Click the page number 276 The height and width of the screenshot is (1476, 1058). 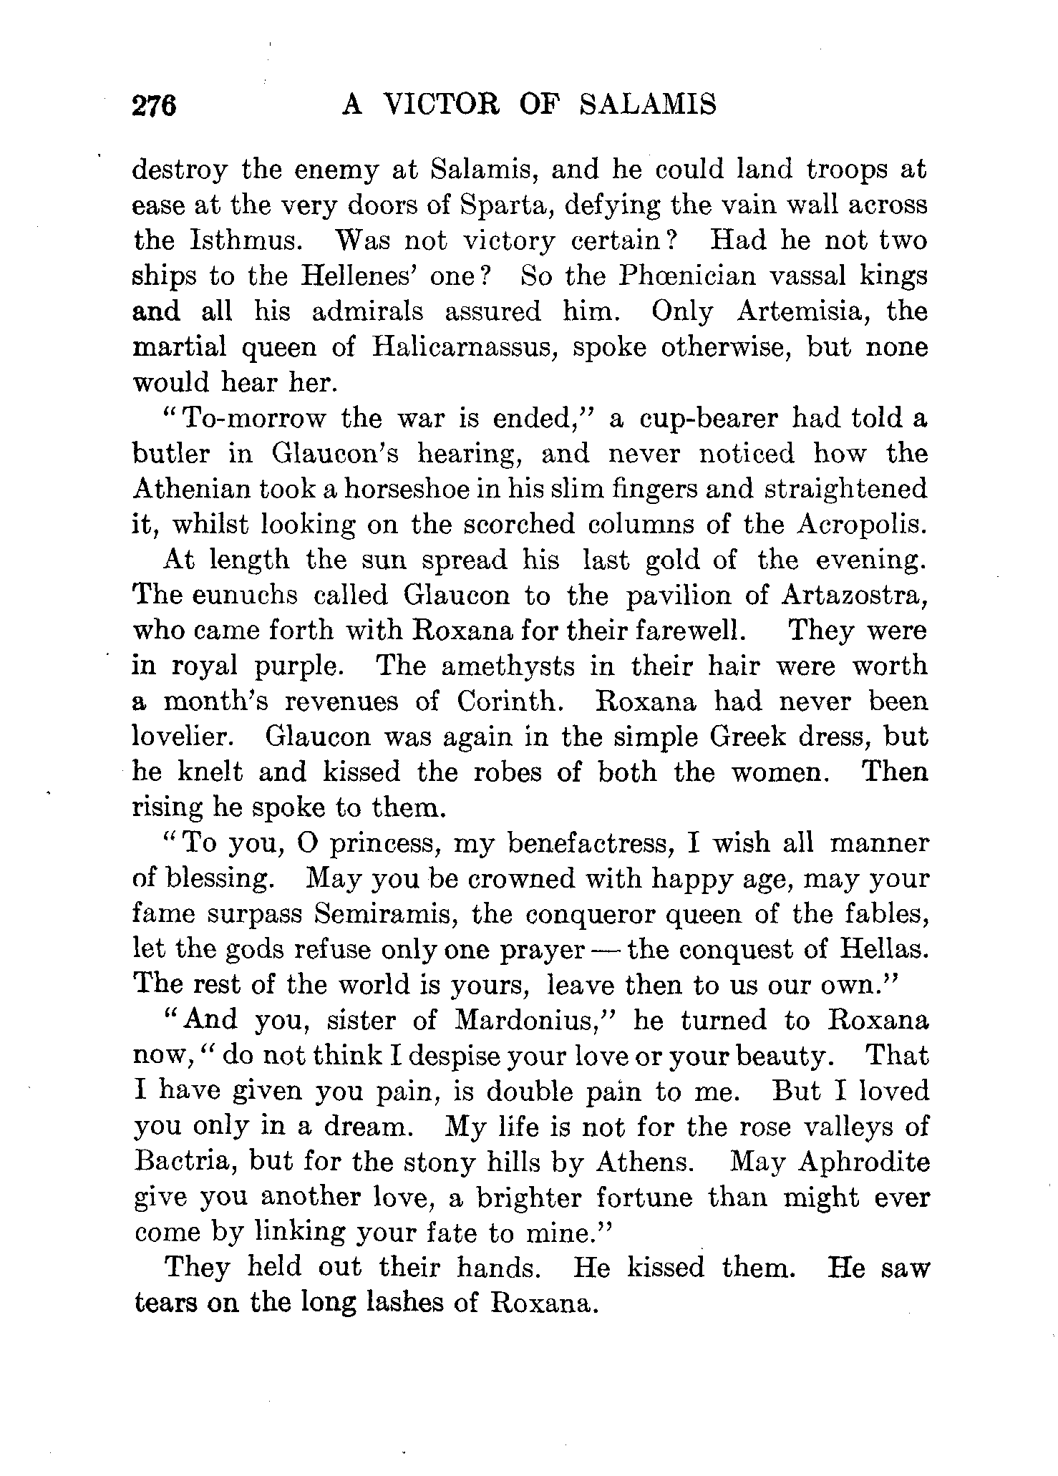coord(154,106)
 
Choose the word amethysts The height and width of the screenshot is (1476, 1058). coord(508,666)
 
